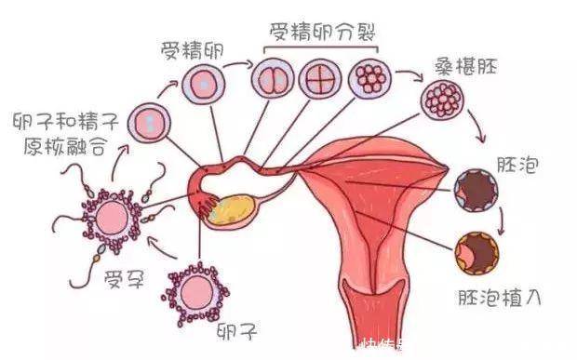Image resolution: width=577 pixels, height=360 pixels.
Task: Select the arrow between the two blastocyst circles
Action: point(502,222)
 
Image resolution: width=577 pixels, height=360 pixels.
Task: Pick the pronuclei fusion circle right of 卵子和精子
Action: point(147,121)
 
